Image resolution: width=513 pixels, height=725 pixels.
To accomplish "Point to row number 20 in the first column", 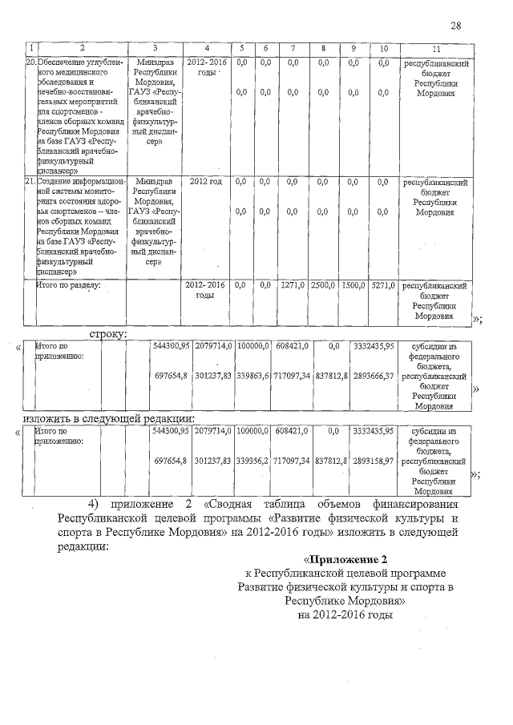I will [x=30, y=62].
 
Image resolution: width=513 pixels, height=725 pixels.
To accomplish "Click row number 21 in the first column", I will [x=30, y=182].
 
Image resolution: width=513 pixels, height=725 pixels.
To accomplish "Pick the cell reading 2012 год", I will [x=206, y=182].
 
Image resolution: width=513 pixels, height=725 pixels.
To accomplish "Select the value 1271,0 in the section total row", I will [x=293, y=285].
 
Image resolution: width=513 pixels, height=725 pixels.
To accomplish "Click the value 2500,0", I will [x=322, y=285].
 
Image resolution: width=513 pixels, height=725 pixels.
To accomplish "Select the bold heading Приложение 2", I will [x=345, y=558].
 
